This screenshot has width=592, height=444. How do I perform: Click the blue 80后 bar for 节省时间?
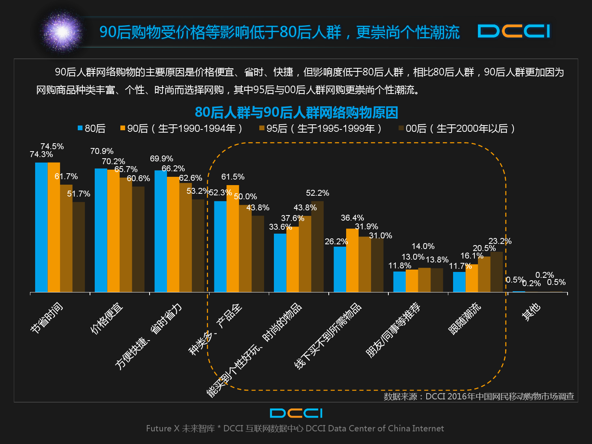point(41,227)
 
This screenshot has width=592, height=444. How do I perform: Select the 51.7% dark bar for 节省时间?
point(79,247)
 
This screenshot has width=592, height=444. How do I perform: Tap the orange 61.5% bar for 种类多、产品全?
point(233,238)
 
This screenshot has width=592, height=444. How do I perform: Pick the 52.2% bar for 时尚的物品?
point(317,247)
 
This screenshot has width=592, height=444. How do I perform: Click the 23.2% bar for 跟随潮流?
point(496,272)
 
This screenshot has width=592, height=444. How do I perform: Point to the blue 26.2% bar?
point(340,269)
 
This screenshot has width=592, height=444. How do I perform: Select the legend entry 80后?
point(92,128)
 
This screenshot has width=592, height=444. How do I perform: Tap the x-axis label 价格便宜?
point(107,318)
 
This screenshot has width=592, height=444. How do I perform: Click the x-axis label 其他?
point(531,312)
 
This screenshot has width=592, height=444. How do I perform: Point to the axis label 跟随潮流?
point(465,318)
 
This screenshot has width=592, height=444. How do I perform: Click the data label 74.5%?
point(52,146)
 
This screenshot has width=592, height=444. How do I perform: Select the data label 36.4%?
point(352,218)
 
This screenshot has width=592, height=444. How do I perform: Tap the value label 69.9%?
point(161,159)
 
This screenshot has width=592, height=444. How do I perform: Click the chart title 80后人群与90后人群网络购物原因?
point(296,112)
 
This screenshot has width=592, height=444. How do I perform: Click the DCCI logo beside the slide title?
point(513,31)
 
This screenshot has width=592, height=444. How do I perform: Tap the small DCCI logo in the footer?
point(296,413)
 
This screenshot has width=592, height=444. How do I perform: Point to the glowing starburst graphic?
point(62,32)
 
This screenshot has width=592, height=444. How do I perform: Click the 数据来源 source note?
point(479,396)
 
